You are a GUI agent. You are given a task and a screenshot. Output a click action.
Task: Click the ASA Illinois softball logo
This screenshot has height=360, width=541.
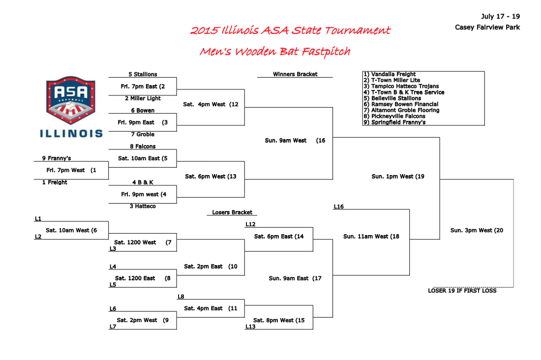click(x=71, y=106)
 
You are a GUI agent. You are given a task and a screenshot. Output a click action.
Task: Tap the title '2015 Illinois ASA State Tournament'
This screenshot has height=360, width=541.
click(x=290, y=30)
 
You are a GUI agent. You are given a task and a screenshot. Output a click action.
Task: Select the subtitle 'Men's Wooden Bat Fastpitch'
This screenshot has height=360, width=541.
click(x=275, y=52)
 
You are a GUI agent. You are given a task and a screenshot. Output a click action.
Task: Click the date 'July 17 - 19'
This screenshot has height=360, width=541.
click(x=500, y=17)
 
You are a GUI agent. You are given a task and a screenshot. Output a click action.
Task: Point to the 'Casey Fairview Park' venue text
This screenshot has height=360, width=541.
click(x=487, y=28)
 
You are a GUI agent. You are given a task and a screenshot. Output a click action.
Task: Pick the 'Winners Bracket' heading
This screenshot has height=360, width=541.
click(x=295, y=74)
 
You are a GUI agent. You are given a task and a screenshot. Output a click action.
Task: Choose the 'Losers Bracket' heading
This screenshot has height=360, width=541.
click(x=232, y=212)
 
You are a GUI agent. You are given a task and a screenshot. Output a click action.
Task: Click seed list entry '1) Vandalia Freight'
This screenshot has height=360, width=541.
click(x=390, y=74)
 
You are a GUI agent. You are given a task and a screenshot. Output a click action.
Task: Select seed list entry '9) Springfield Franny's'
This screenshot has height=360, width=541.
click(x=394, y=122)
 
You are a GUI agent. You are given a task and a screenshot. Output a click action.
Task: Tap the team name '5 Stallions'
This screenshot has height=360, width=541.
click(x=143, y=75)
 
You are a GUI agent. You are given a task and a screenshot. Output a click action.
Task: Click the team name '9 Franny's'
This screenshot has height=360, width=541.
click(x=57, y=158)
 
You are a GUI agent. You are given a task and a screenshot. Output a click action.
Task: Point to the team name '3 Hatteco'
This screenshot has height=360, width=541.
click(x=143, y=206)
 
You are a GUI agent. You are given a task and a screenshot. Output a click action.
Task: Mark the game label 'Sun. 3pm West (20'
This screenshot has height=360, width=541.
click(x=477, y=230)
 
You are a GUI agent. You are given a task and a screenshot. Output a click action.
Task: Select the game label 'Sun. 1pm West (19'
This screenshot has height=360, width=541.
click(x=398, y=176)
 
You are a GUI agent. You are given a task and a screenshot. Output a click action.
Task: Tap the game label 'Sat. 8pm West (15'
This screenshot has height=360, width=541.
click(x=279, y=320)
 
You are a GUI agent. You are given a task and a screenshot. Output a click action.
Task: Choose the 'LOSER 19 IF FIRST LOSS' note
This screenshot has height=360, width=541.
click(x=462, y=291)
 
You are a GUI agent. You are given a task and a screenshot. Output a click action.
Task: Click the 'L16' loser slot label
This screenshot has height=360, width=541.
click(x=338, y=207)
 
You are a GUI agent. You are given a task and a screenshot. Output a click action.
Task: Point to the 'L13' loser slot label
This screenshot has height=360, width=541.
click(x=250, y=327)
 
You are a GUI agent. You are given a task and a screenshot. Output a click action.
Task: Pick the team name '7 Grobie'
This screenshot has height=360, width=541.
click(x=143, y=134)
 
